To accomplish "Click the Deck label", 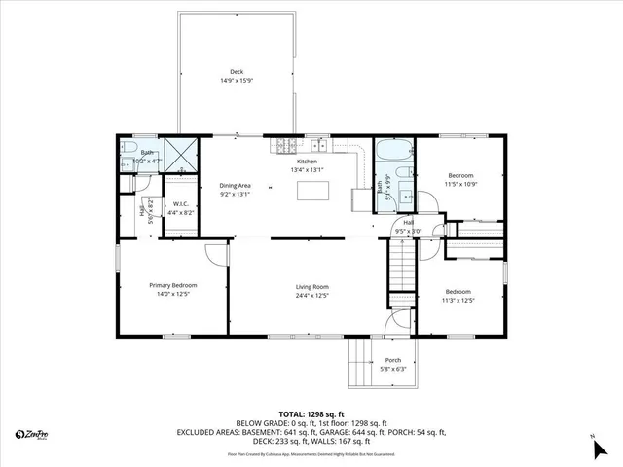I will coord(237,71).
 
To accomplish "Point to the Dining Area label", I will coord(235,185).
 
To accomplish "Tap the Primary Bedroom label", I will coord(172,285).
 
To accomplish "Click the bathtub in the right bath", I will coord(393,154).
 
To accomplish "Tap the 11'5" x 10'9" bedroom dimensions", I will coord(459,184).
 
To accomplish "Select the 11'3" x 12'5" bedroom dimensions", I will coord(458,301).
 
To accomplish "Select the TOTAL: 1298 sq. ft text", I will coord(311,413).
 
